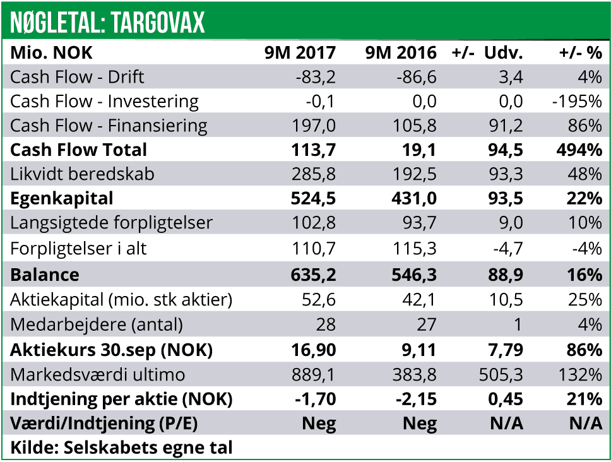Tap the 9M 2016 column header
pos(401,53)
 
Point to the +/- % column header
pos(581,53)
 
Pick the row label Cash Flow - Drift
pos(78,77)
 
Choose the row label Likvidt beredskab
pos(82,174)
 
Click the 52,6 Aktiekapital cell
pos(319,300)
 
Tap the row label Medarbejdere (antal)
pos(97,324)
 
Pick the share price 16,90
pos(312,350)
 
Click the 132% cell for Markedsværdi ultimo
pos(579,374)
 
